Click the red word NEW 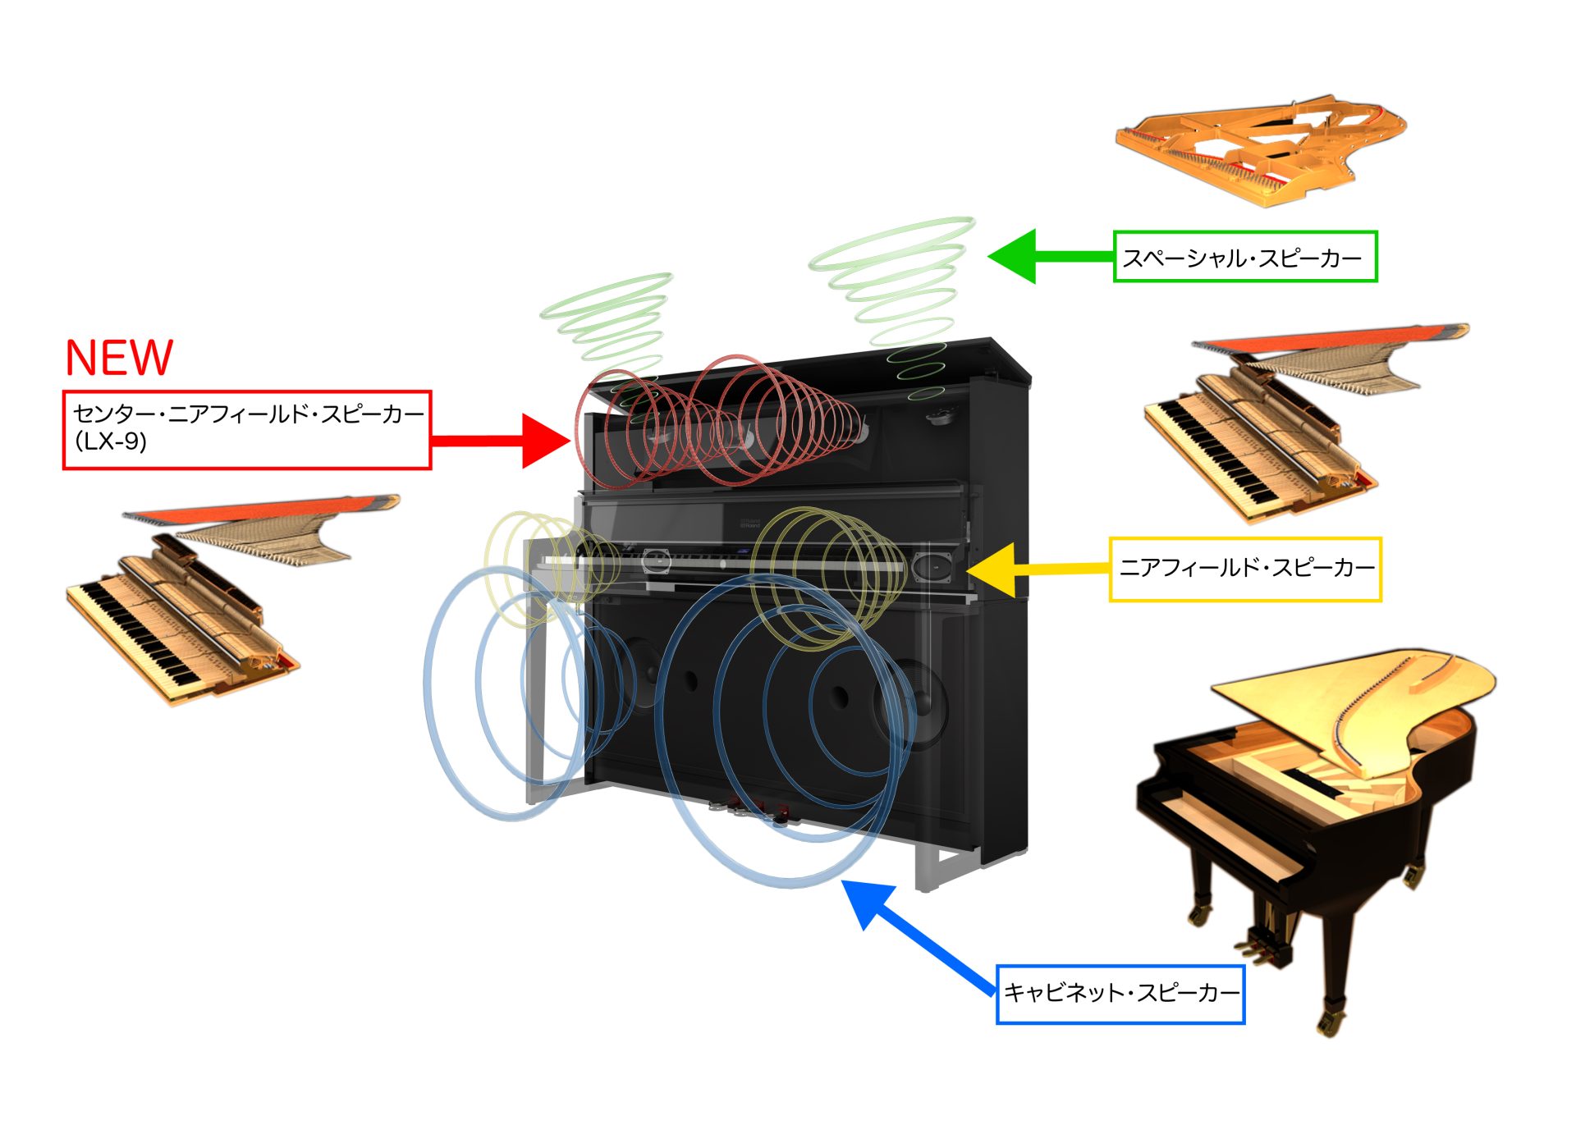119,358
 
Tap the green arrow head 1015,256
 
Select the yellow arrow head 995,569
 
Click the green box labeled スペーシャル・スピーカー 1244,257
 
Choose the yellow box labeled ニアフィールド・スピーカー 1244,569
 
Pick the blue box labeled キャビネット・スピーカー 1120,994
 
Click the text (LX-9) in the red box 111,441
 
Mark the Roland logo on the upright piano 749,523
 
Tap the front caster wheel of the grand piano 1326,1022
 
